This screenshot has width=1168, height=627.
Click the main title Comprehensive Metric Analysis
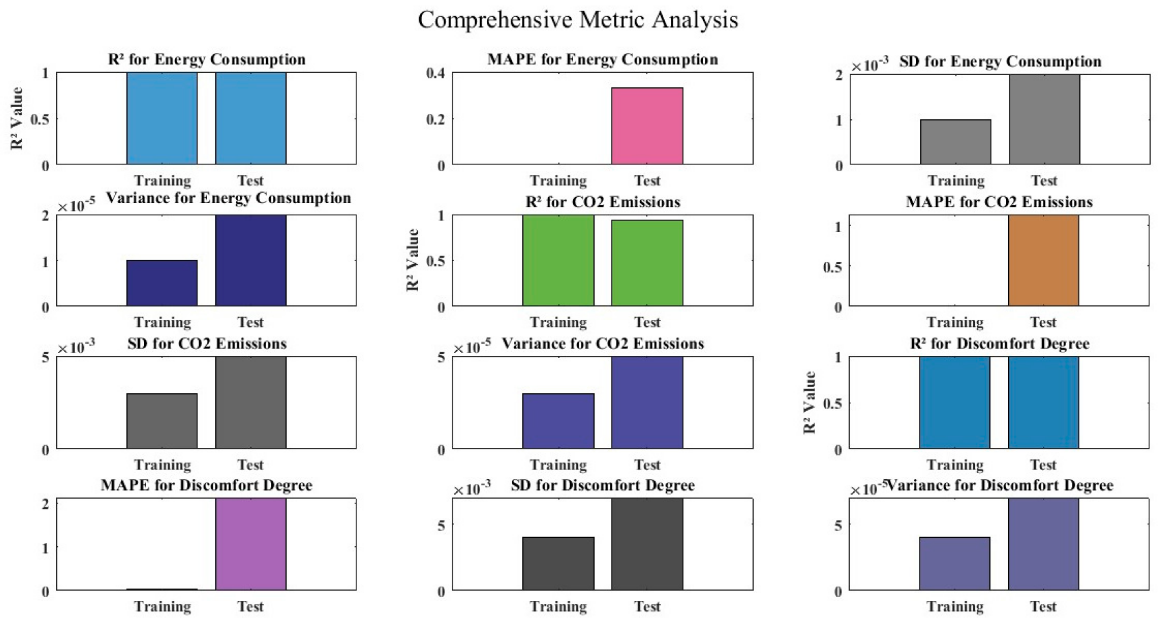point(578,20)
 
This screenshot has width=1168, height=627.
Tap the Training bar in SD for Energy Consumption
point(955,142)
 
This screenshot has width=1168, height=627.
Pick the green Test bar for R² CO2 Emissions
point(647,263)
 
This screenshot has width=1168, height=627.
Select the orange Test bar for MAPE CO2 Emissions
point(1043,261)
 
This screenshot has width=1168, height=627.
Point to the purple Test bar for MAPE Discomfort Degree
point(251,544)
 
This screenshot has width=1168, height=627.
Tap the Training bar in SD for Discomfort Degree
point(558,564)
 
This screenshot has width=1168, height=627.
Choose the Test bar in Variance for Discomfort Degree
point(1043,544)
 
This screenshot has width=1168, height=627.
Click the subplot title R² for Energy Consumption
point(207,59)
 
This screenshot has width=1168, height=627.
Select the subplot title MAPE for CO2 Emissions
point(999,202)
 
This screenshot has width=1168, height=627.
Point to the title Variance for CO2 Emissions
point(603,344)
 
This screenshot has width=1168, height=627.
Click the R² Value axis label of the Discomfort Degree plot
point(809,403)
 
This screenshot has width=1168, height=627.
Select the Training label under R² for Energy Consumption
point(162,181)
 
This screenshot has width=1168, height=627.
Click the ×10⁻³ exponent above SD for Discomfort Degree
point(472,489)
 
